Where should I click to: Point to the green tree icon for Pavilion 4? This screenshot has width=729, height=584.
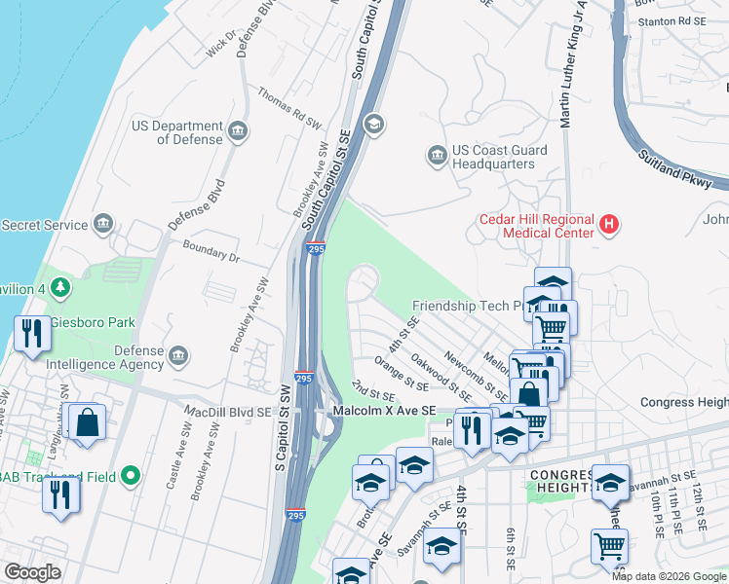[x=61, y=288]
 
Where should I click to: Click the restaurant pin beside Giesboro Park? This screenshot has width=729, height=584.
[x=31, y=333]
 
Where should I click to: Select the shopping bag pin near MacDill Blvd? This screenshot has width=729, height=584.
[x=87, y=422]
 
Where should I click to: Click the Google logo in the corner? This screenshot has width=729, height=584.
[x=32, y=572]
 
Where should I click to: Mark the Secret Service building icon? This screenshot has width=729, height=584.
[x=102, y=226]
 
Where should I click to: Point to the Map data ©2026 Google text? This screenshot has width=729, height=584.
[x=668, y=576]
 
